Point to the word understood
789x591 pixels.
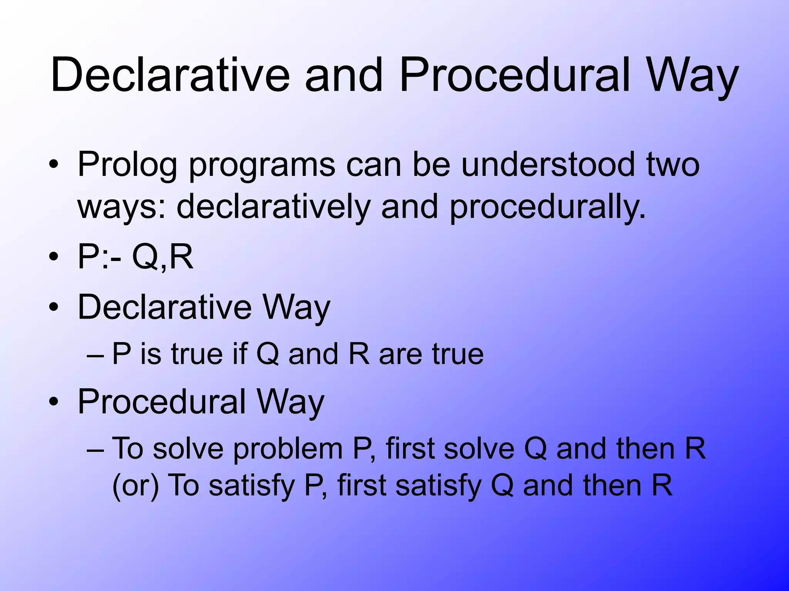pyautogui.click(x=547, y=165)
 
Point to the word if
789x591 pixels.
pyautogui.click(x=239, y=354)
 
